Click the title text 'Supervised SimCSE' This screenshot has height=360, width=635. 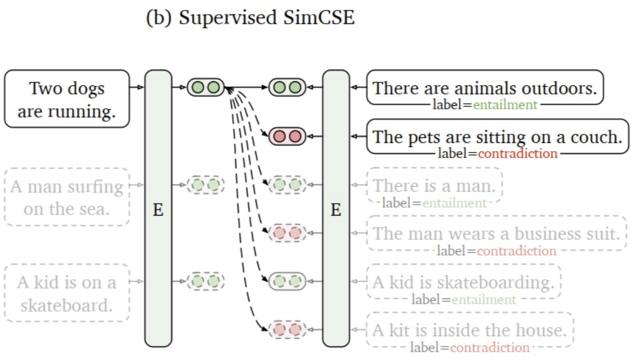(266, 18)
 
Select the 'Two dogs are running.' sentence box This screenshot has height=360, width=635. (67, 99)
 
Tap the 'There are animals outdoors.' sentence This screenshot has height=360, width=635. (484, 88)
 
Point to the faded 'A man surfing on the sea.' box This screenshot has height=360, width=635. (67, 197)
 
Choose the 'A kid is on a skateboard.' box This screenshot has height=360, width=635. (67, 293)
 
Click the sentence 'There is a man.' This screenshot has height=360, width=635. (434, 186)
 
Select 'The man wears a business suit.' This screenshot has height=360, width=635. (497, 233)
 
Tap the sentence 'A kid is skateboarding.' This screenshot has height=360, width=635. (463, 282)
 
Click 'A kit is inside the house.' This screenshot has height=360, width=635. (469, 330)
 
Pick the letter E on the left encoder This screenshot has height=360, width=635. (158, 209)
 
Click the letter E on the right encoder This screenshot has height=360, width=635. (336, 209)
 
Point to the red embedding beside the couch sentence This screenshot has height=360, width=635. (287, 136)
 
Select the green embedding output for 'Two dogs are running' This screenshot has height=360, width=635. (206, 87)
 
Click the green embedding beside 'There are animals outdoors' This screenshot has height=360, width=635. (287, 87)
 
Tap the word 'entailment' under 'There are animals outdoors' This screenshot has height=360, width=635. (505, 105)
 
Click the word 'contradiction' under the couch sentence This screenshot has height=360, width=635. (517, 154)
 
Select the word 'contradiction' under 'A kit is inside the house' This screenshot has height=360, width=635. (489, 348)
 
